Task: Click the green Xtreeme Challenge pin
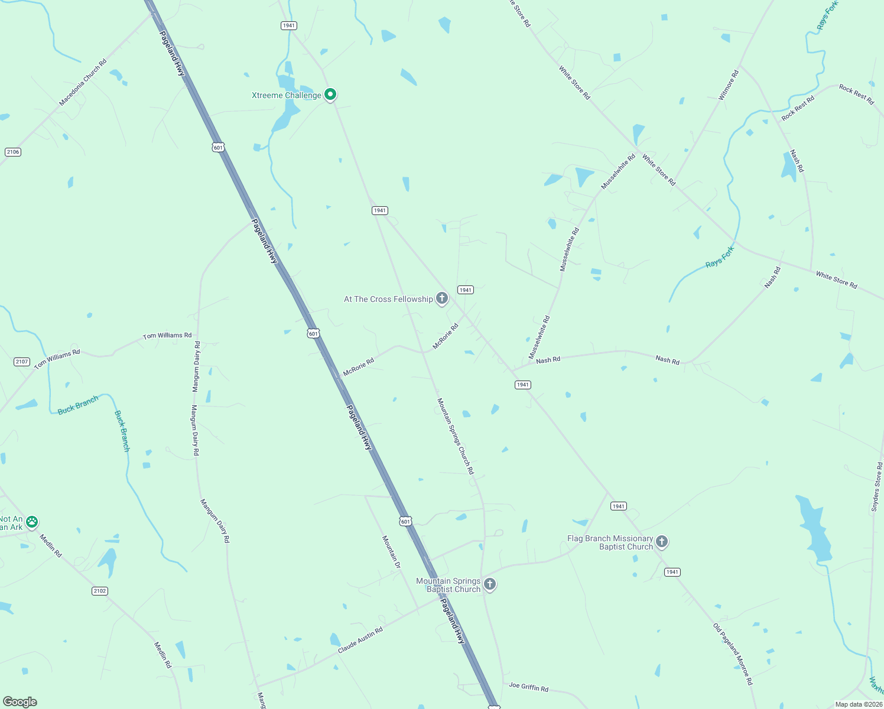pos(331,94)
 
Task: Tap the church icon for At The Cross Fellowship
pos(441,298)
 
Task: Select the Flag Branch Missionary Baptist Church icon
pos(662,541)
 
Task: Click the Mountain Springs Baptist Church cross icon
pos(489,584)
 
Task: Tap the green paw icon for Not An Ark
pos(32,522)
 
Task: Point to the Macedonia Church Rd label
pos(83,82)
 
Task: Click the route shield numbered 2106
pos(13,152)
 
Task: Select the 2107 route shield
pos(21,362)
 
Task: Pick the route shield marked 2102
pos(100,591)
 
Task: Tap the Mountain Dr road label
pos(391,552)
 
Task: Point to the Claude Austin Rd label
pos(360,640)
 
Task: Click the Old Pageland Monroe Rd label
pos(733,654)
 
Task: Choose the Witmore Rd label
pos(729,85)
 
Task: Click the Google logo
pos(20,702)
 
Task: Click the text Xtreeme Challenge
pos(287,95)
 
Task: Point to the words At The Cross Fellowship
pos(388,299)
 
